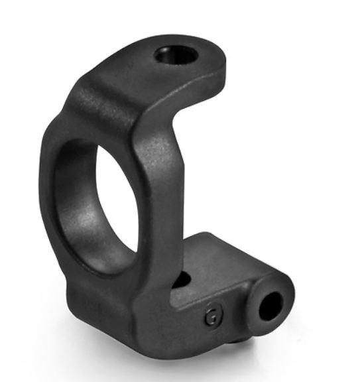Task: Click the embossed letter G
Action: pos(212,316)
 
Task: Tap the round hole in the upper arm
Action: pos(176,56)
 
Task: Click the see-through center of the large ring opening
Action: pos(118,192)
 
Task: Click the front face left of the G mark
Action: pos(172,318)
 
